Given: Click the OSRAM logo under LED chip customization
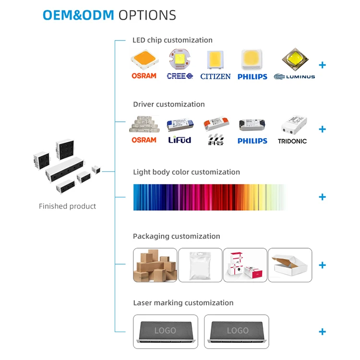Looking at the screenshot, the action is click(x=144, y=76).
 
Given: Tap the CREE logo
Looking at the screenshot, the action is click(x=180, y=76).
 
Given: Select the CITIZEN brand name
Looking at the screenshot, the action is click(x=216, y=76).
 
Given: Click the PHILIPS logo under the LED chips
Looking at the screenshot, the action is click(x=252, y=76).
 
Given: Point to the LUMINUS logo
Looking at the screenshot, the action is click(x=294, y=76).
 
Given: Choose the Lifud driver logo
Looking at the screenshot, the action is click(x=180, y=140).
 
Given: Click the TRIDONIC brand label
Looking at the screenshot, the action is click(x=292, y=141).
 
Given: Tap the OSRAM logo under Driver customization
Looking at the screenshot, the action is click(x=144, y=140).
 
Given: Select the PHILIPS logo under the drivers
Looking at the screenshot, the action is click(x=252, y=141).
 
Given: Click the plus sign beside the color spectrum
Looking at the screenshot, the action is click(x=322, y=197).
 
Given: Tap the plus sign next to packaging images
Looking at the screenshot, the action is click(x=322, y=265).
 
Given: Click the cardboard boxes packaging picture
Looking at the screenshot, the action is click(x=155, y=265).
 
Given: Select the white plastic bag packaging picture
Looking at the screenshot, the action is click(x=200, y=265).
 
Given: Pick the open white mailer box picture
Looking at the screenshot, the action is click(x=290, y=265).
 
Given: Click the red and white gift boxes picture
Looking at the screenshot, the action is click(x=245, y=265).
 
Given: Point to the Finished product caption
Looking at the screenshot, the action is click(x=68, y=206).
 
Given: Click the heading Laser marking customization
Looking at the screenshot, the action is click(x=183, y=303).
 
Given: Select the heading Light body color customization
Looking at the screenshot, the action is click(x=186, y=172).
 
